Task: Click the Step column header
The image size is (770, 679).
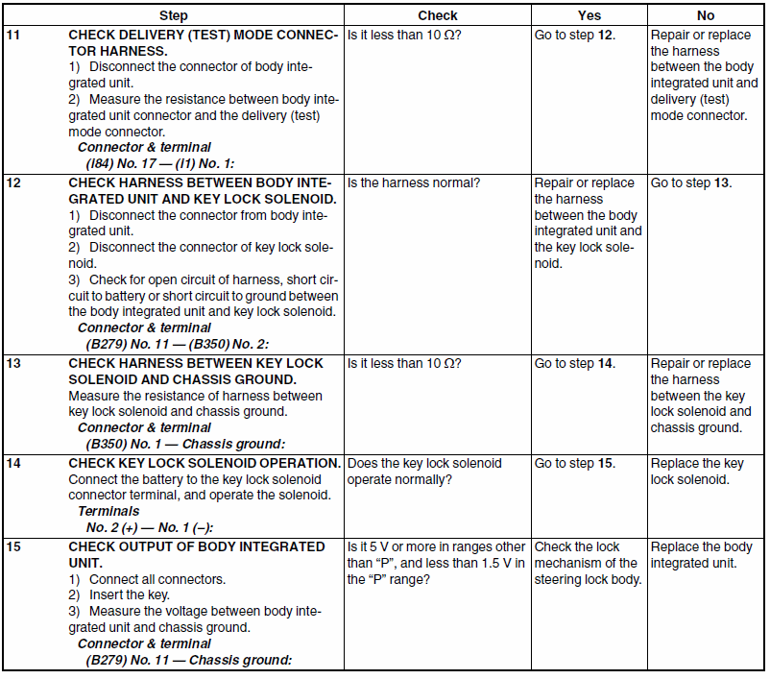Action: click(x=174, y=16)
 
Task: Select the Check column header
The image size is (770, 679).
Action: click(x=437, y=16)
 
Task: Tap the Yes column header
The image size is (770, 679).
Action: click(x=589, y=16)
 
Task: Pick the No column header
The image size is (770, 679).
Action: click(x=706, y=16)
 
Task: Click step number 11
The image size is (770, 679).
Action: click(x=13, y=35)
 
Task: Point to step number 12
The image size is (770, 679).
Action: click(x=13, y=182)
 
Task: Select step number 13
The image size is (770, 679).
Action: click(x=13, y=364)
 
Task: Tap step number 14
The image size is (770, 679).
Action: click(x=13, y=464)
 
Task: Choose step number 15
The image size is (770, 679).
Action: click(x=13, y=546)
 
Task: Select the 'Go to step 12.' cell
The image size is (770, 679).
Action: click(x=575, y=35)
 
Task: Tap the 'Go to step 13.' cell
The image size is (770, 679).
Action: click(x=691, y=182)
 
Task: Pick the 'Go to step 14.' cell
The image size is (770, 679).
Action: click(x=575, y=364)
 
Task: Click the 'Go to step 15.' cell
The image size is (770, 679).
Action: click(x=575, y=464)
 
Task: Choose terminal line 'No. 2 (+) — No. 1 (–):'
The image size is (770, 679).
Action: click(x=149, y=527)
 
